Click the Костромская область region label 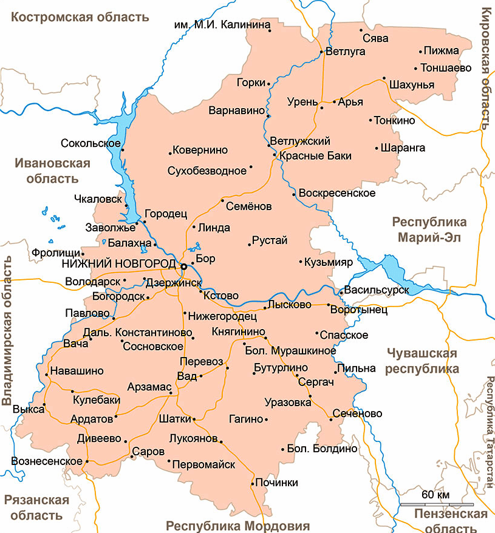[x=80, y=17]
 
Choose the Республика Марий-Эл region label [x=429, y=229]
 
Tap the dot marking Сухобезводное [x=251, y=166]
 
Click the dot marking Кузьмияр [x=301, y=262]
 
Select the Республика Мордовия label [x=238, y=526]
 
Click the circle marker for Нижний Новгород [x=183, y=266]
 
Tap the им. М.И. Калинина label [x=221, y=25]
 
